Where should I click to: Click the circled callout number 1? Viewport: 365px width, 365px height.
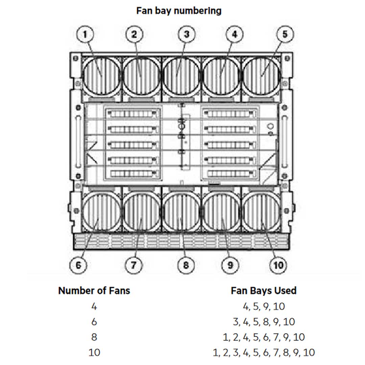85,34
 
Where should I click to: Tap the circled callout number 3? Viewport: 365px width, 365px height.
187,34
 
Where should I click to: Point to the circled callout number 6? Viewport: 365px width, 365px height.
78,265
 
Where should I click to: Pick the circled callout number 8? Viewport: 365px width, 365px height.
186,265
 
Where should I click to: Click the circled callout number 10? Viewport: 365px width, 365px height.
278,265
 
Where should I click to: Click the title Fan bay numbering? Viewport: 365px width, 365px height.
179,11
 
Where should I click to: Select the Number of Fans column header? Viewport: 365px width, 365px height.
94,291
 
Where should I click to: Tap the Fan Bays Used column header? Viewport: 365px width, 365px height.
264,291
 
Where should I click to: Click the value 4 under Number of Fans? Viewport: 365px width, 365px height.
94,307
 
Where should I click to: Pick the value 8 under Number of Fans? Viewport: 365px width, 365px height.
94,337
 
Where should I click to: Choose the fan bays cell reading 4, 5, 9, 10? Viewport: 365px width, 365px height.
264,307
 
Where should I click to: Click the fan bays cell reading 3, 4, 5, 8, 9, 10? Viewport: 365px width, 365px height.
264,322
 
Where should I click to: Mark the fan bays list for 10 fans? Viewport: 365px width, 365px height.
264,352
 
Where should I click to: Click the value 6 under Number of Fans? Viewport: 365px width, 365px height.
94,322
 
